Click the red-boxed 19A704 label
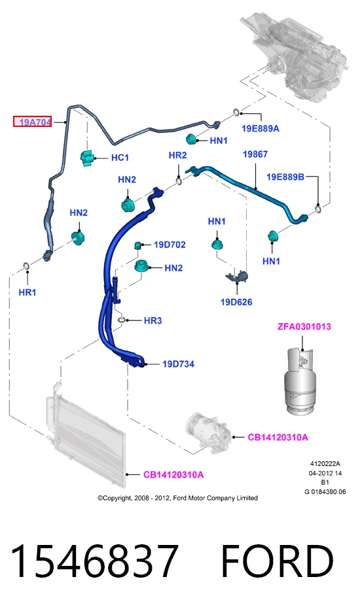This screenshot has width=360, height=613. (33, 122)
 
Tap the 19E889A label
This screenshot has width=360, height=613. (261, 129)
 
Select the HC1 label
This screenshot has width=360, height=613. (120, 158)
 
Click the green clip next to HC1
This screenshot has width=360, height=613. (87, 158)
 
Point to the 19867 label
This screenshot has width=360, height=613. (255, 154)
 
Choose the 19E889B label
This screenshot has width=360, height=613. (285, 177)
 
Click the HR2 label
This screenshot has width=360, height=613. (177, 155)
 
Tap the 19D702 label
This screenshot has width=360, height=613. (170, 245)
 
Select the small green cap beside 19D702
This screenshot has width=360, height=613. (138, 245)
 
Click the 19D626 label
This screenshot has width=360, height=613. (236, 302)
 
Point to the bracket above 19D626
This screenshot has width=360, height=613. (238, 275)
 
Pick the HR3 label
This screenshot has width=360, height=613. (153, 321)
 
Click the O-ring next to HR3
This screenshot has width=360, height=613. (122, 321)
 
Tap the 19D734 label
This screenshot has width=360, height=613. (179, 364)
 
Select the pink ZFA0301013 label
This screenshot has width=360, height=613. (304, 326)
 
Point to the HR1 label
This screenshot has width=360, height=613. (27, 292)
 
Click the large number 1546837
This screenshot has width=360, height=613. (94, 561)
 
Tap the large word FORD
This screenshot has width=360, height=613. (278, 561)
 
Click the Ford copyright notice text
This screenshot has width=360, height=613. (177, 498)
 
